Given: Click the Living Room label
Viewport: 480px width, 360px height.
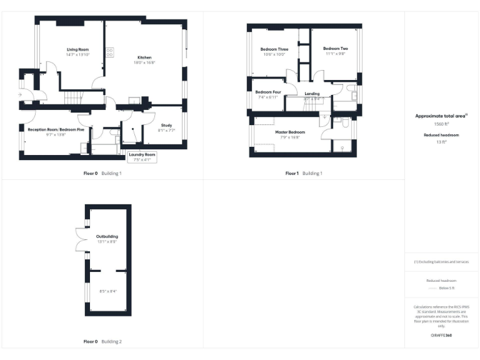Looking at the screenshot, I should (78, 49).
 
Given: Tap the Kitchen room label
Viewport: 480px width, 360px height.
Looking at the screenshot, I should (145, 58).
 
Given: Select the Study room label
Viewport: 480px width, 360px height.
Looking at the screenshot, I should (166, 126).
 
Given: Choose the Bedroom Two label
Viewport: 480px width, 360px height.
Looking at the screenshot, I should (336, 49).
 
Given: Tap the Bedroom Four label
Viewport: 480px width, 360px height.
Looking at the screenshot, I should (269, 92).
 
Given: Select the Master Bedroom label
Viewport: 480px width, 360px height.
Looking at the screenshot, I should (290, 132).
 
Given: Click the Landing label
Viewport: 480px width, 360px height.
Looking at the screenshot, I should (312, 94).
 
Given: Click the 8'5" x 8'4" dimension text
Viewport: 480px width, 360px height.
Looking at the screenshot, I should (108, 291).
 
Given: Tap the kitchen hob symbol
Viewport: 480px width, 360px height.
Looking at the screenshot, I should (109, 52).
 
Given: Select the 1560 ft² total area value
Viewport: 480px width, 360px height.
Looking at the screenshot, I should (442, 124).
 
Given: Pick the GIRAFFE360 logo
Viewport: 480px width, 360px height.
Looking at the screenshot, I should (441, 336).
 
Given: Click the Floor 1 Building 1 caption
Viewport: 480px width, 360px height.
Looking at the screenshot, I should (304, 173).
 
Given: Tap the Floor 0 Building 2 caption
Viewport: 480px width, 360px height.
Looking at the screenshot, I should (102, 342).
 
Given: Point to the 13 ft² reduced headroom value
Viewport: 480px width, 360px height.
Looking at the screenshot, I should (442, 142).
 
